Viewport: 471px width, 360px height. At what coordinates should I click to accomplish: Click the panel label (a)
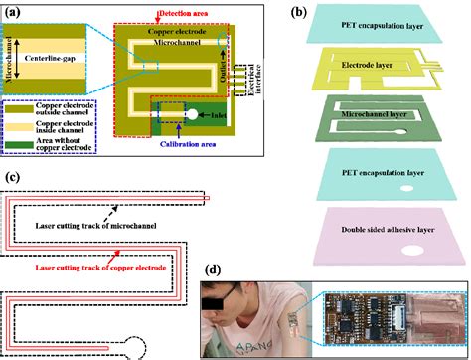[x=14, y=10]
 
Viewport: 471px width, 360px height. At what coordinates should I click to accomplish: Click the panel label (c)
[x=10, y=179]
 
